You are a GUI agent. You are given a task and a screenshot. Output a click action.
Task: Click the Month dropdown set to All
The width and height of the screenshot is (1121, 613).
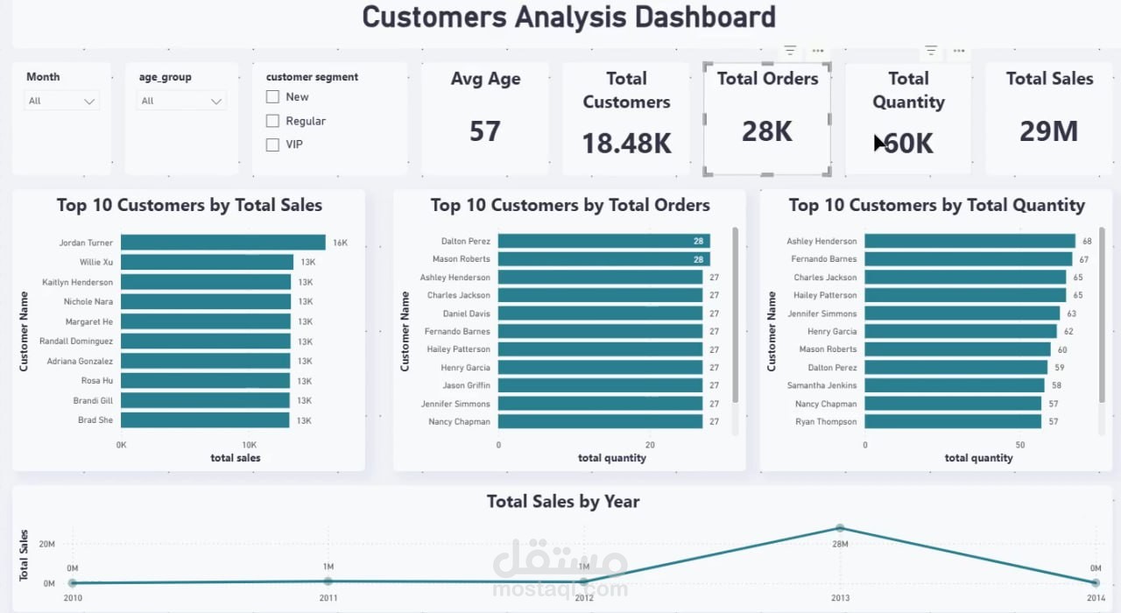click(61, 102)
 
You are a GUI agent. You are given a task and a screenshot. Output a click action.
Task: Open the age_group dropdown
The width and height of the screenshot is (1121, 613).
click(181, 102)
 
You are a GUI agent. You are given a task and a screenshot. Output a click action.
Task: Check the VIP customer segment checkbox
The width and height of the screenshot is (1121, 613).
click(272, 144)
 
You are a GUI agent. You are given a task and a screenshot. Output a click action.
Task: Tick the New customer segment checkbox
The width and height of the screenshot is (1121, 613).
click(272, 97)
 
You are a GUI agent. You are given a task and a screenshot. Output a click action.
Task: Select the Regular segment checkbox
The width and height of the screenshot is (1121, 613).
click(272, 121)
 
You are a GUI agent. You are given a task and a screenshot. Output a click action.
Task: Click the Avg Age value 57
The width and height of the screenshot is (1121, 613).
click(484, 131)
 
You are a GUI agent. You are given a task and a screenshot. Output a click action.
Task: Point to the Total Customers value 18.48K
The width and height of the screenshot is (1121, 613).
click(626, 143)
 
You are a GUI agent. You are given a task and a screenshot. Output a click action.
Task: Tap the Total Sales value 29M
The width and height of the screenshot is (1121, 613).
click(1048, 131)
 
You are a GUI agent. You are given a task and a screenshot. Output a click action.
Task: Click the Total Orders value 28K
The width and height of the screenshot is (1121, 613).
click(766, 131)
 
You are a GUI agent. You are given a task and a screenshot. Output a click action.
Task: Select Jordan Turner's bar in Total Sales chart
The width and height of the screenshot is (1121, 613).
click(222, 243)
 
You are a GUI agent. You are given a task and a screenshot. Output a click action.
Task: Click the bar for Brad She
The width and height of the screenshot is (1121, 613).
click(205, 420)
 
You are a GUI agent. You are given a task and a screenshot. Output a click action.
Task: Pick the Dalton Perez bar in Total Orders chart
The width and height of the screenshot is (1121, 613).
click(603, 241)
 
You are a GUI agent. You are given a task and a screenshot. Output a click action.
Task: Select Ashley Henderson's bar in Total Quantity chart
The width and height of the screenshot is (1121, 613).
click(969, 241)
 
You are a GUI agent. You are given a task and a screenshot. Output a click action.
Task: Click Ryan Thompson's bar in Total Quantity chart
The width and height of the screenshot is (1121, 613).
click(953, 421)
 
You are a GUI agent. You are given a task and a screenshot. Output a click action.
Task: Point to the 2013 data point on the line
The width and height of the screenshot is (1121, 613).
click(840, 528)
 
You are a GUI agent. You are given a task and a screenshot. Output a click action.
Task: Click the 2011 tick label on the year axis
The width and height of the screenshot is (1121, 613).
click(328, 598)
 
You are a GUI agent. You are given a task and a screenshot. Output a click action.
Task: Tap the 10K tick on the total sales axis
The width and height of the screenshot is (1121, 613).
click(249, 445)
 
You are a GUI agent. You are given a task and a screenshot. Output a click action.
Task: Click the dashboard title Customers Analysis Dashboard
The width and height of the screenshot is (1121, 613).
click(568, 17)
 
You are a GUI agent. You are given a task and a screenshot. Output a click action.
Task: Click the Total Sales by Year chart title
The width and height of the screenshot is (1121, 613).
click(563, 502)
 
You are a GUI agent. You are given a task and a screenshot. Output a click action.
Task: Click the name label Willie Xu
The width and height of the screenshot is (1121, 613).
click(95, 263)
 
